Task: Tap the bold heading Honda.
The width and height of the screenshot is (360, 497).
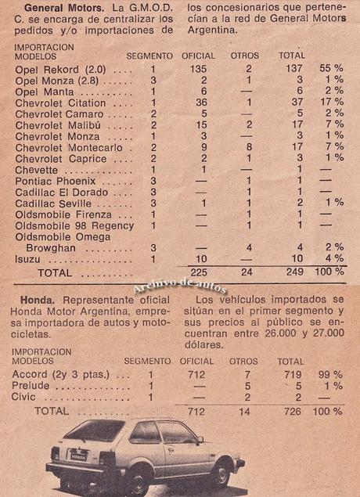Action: pyautogui.click(x=31, y=300)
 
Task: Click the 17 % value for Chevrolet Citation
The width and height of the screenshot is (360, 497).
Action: pyautogui.click(x=333, y=102)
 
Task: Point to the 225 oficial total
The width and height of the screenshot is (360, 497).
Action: pyautogui.click(x=198, y=273)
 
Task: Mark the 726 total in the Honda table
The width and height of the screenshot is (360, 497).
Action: pyautogui.click(x=291, y=411)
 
